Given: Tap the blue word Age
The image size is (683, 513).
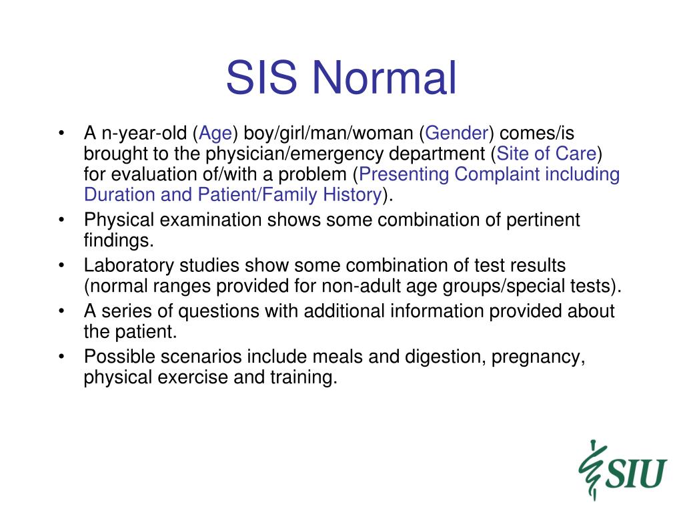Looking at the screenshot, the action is click(x=215, y=134).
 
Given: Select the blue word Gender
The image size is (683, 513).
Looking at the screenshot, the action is click(x=457, y=133).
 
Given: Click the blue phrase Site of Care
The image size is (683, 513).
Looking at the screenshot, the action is click(x=546, y=153).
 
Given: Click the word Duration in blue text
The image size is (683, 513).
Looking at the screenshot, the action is click(x=119, y=194).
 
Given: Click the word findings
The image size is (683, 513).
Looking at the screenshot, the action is click(x=119, y=240).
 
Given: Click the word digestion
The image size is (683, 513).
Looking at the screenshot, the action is click(x=445, y=357).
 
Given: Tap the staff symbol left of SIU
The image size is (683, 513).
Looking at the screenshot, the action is click(x=591, y=470).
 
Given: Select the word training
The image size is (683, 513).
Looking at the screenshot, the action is click(x=303, y=377).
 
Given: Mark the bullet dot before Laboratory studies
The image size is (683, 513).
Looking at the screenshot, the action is click(x=62, y=265).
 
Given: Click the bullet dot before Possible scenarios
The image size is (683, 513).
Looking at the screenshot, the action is click(x=62, y=356).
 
